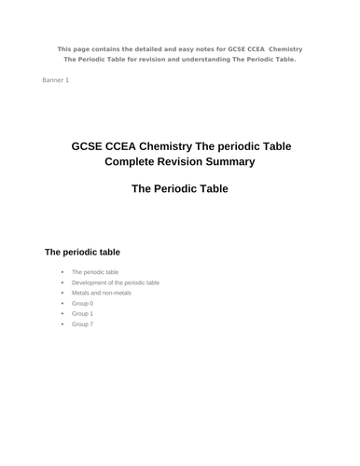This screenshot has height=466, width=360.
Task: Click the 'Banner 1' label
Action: click(55, 80)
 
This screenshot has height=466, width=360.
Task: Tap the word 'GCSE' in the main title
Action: click(90, 146)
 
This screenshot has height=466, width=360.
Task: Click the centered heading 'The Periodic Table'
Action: click(180, 188)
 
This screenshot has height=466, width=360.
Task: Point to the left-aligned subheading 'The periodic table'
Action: click(83, 252)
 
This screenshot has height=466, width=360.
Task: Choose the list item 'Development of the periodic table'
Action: click(116, 282)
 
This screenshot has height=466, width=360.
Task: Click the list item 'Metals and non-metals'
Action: click(102, 293)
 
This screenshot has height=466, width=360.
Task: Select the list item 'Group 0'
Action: click(82, 303)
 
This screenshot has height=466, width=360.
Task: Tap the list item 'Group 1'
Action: click(82, 313)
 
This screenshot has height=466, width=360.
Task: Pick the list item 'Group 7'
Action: click(82, 323)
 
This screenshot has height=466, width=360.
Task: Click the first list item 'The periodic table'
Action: click(95, 272)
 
